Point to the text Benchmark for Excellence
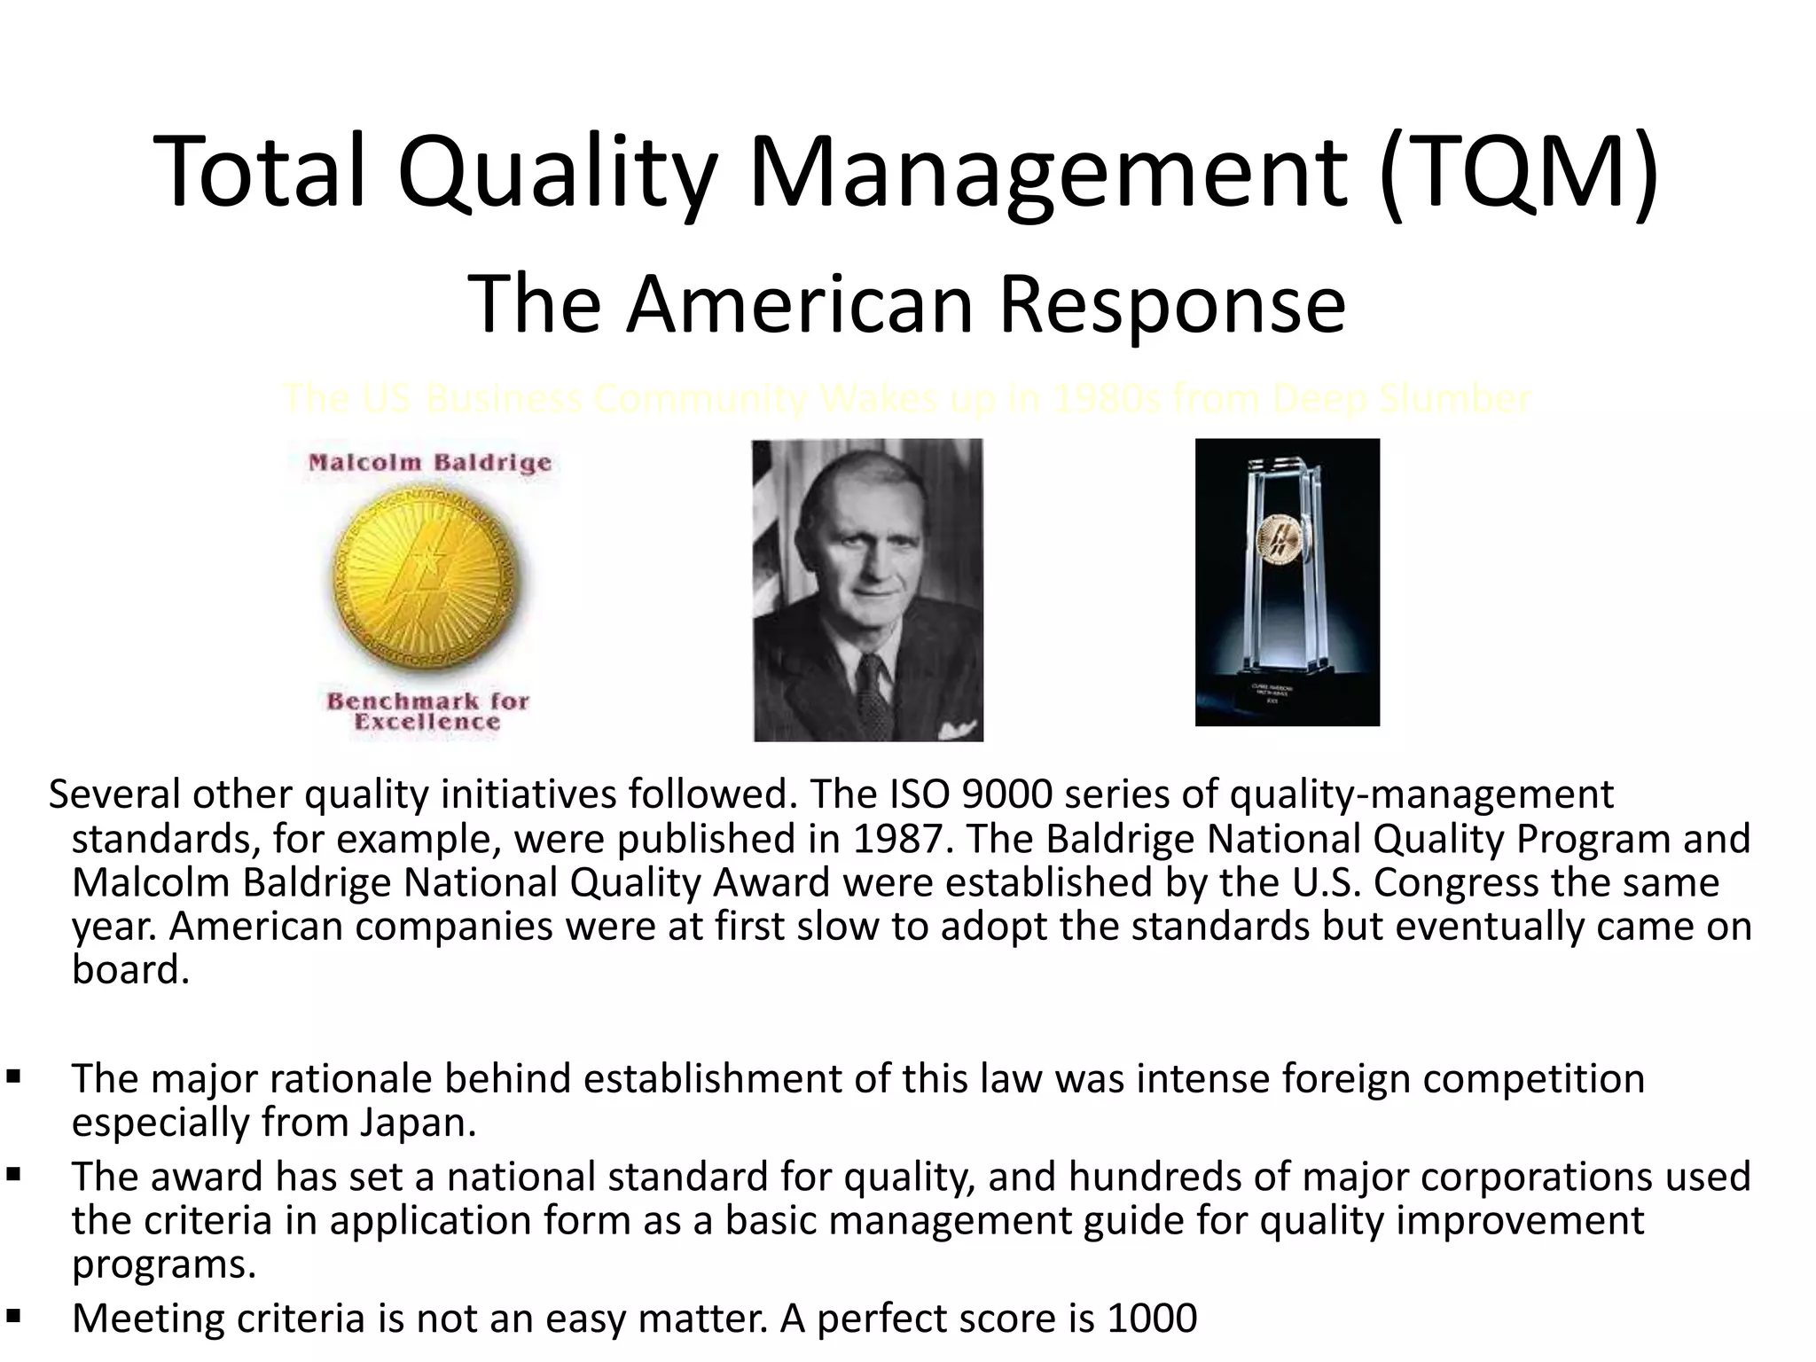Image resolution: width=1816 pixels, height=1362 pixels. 427,711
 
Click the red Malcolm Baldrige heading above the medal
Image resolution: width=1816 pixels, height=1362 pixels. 430,463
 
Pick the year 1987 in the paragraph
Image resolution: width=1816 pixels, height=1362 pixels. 904,839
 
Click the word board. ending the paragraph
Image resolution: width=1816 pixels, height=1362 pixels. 130,970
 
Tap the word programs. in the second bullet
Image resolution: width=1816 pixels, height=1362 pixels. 164,1264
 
